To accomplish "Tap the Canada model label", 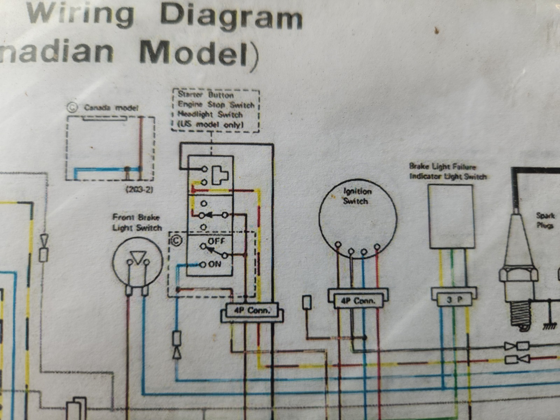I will click(x=111, y=107).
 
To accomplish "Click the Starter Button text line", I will click(x=205, y=95).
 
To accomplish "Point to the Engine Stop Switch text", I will click(x=216, y=105).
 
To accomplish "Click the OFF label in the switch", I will click(x=216, y=241).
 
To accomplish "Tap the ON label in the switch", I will click(x=215, y=264).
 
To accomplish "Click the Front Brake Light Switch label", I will click(x=137, y=223).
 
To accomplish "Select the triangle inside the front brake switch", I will click(x=138, y=258).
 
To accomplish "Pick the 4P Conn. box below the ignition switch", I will click(x=358, y=301).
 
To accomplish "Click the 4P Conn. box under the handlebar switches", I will click(x=252, y=310).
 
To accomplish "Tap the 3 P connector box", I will click(x=454, y=300).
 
